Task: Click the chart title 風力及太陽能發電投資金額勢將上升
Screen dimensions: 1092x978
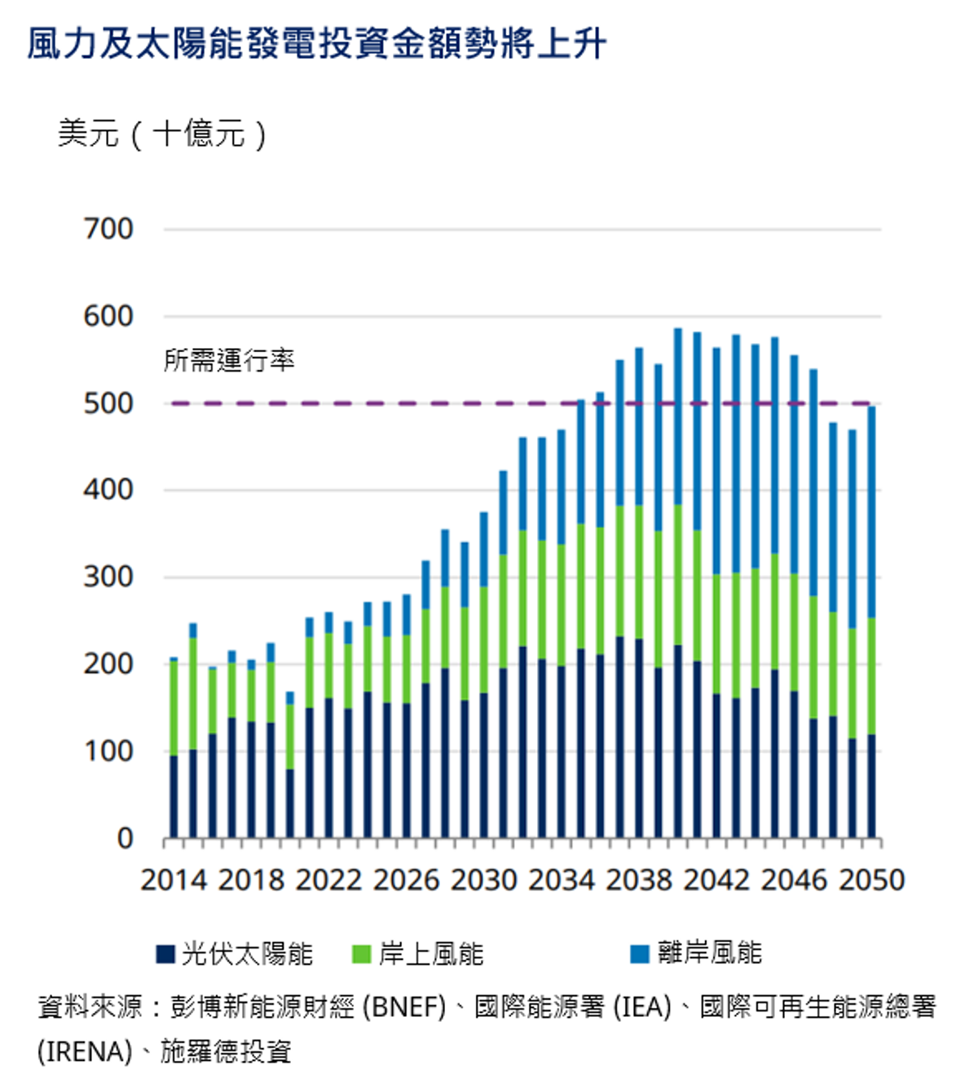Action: (316, 44)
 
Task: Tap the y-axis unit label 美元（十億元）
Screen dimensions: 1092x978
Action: (162, 134)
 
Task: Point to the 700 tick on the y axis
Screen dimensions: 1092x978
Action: (108, 229)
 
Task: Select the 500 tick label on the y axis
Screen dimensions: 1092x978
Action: (108, 403)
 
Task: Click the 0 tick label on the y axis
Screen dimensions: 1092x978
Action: (125, 839)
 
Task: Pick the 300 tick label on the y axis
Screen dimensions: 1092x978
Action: (108, 577)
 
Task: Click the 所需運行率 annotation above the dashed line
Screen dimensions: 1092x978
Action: (229, 359)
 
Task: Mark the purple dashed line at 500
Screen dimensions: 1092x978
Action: (367, 403)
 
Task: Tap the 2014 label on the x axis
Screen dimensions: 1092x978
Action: (174, 881)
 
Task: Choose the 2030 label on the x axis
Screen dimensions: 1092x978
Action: (484, 881)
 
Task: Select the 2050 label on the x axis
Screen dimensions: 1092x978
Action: (871, 881)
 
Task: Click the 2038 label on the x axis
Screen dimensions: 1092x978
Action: (639, 881)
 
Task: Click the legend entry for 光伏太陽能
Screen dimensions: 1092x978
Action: (236, 953)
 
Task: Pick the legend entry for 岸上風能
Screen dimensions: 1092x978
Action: (419, 953)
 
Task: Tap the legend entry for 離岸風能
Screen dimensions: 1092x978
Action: (698, 953)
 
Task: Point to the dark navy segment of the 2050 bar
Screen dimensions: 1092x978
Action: (871, 786)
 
